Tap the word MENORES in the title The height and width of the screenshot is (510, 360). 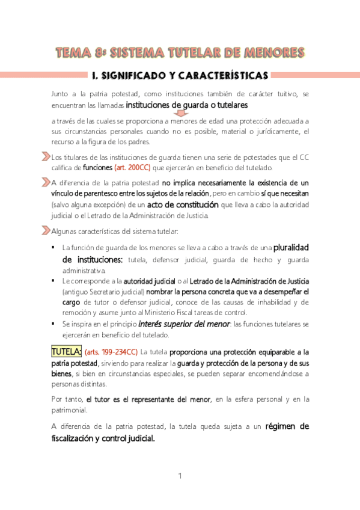pyautogui.click(x=275, y=52)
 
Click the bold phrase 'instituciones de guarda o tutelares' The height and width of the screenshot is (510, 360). pyautogui.click(x=179, y=105)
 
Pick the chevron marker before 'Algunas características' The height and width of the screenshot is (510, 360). pyautogui.click(x=46, y=232)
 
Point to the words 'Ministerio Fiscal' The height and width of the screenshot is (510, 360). pyautogui.click(x=206, y=312)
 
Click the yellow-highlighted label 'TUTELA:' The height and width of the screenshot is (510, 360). pyautogui.click(x=66, y=351)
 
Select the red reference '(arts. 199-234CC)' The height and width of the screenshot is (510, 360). pyautogui.click(x=111, y=352)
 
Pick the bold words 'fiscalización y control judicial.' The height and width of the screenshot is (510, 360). pyautogui.click(x=103, y=438)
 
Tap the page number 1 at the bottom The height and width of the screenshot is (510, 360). pyautogui.click(x=180, y=476)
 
